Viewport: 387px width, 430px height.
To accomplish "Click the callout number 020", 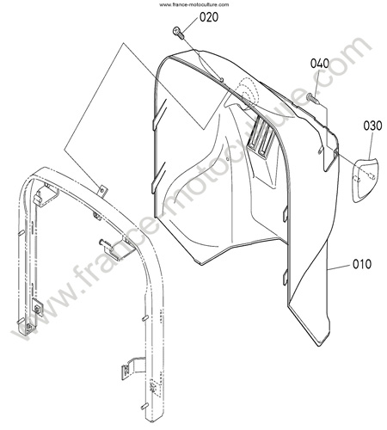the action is (209, 17).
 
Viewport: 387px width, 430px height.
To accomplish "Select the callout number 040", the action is (320, 64).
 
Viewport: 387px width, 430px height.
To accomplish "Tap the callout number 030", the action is (372, 126).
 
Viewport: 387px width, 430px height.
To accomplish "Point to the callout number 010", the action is (362, 264).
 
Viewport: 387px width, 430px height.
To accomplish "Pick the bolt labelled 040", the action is (312, 98).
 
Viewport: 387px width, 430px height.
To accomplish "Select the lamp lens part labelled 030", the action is (365, 180).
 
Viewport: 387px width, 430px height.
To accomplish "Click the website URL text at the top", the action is (194, 4).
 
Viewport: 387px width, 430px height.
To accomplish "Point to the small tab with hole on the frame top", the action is (102, 191).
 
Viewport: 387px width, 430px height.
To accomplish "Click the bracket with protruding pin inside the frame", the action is (114, 247).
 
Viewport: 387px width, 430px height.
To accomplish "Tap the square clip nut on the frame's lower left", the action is (37, 307).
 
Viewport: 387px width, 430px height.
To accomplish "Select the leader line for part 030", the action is (372, 146).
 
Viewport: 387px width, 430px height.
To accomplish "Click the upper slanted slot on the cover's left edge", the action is (160, 114).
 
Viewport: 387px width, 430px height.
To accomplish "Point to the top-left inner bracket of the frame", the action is (46, 194).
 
